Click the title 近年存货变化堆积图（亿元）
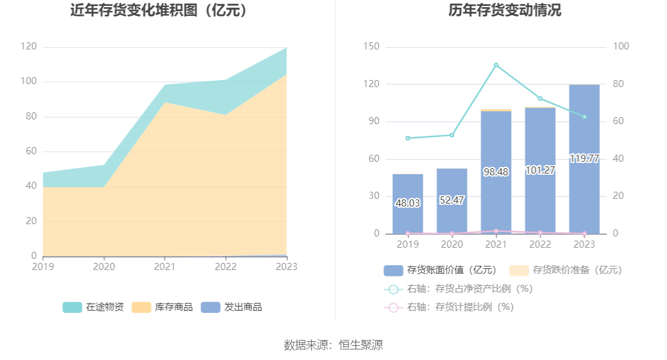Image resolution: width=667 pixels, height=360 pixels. point(159,11)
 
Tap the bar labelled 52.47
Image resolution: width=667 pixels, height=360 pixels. point(452,201)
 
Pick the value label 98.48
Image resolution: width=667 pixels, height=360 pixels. point(496,172)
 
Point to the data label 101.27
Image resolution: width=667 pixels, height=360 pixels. point(540,171)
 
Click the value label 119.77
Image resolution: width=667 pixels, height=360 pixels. point(584,159)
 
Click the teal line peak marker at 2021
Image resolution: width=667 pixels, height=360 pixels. point(496,65)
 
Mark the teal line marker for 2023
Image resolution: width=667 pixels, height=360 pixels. point(584,117)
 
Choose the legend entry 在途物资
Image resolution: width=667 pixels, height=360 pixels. point(94,307)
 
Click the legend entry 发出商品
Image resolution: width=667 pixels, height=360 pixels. point(232,307)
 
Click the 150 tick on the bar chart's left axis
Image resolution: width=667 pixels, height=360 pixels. point(372,46)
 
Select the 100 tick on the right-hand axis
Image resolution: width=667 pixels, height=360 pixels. point(621,46)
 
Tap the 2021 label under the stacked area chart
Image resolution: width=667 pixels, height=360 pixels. point(165,266)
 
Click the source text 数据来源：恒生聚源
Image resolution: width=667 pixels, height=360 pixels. point(333,345)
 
